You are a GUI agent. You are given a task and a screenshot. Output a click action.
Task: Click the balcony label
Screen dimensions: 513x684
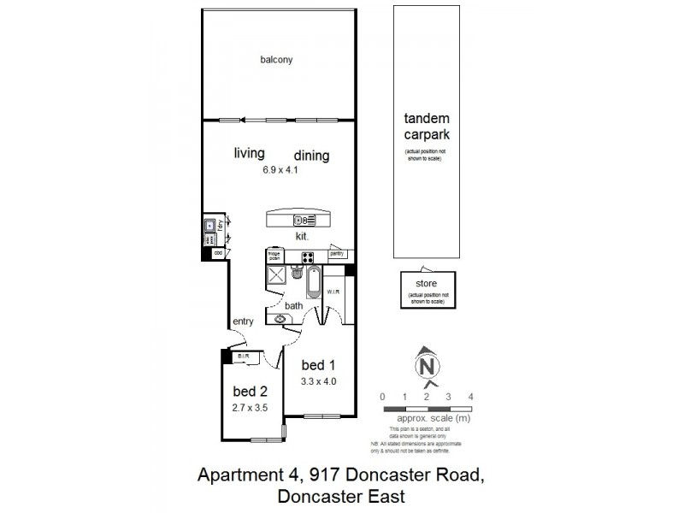point(277,60)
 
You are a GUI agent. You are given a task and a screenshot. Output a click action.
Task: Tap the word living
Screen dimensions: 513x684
point(250,153)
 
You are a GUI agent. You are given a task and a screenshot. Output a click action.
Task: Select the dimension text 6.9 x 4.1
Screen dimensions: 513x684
point(280,169)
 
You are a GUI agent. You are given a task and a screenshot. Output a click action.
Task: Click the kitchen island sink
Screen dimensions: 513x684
point(299,219)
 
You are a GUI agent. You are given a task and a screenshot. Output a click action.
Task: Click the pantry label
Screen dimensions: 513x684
point(336,254)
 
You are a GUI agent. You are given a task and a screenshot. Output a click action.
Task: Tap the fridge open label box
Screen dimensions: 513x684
point(274,255)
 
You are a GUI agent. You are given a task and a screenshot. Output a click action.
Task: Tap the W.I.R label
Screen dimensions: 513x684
point(334,292)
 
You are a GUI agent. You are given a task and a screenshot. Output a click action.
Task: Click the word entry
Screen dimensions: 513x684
point(244,321)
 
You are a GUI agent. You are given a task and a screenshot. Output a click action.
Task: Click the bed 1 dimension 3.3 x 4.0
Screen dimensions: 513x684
point(319,382)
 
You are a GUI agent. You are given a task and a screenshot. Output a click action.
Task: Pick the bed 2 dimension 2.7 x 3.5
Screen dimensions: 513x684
point(251,408)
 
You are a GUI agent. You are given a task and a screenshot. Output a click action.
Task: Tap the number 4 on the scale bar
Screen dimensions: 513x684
point(471,397)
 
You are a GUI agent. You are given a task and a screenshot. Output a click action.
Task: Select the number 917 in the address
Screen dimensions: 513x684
point(304,475)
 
